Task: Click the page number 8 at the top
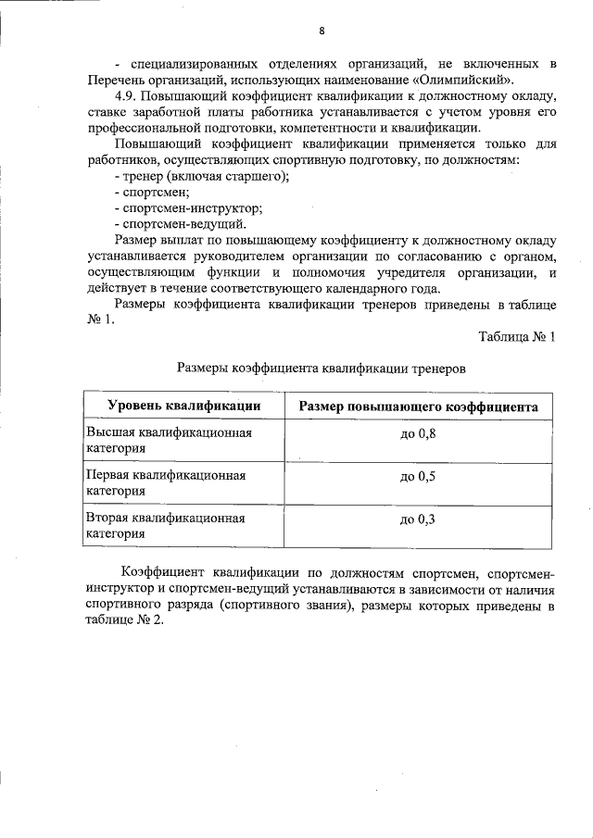[x=322, y=31]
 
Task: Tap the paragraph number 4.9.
[x=131, y=96]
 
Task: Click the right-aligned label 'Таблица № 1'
[x=516, y=336]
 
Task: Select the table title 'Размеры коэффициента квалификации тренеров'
[x=321, y=369]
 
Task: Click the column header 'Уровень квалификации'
[x=183, y=406]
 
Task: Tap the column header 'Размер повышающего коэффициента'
[x=418, y=406]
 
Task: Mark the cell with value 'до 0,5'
[x=418, y=477]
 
